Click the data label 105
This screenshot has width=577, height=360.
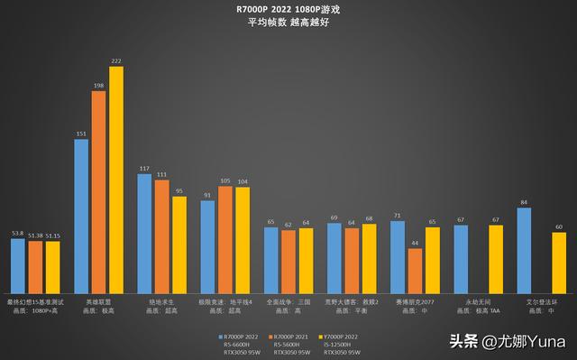click(x=225, y=179)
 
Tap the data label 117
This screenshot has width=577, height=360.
click(x=144, y=168)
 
